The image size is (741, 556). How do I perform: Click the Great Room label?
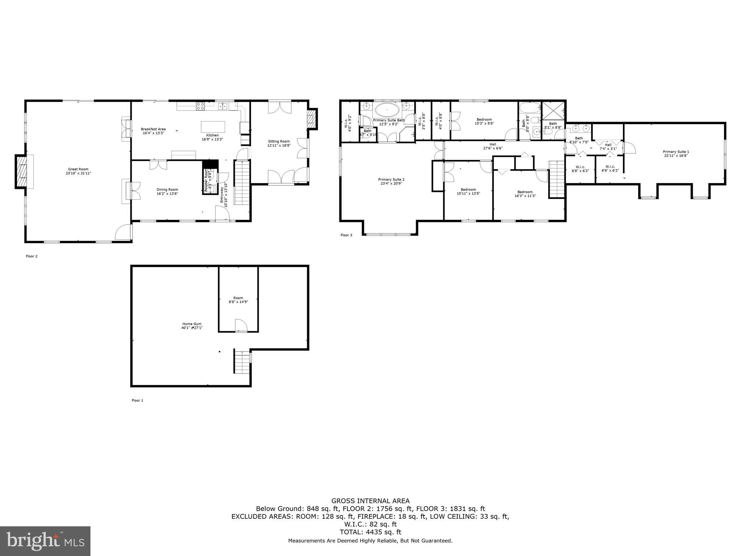click(x=78, y=171)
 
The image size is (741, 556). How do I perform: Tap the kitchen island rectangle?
click(x=213, y=127)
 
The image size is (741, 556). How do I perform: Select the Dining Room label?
click(x=167, y=191)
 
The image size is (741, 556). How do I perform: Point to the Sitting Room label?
click(x=279, y=143)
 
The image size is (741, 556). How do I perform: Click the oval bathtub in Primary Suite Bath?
click(x=387, y=109)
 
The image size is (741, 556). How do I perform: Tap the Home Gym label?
click(x=192, y=326)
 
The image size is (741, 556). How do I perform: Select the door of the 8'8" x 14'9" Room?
click(x=241, y=325)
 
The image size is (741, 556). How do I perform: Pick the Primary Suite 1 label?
click(x=676, y=154)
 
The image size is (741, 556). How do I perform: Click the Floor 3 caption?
click(x=346, y=235)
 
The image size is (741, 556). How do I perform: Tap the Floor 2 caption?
click(x=31, y=256)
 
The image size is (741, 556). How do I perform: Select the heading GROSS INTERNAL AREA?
click(x=370, y=501)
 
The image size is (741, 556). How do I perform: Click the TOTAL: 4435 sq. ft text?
click(x=370, y=532)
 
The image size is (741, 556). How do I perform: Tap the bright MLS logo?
click(x=45, y=541)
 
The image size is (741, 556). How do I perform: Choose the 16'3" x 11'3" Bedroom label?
click(x=525, y=194)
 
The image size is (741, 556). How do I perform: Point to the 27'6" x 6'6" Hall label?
click(x=492, y=146)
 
